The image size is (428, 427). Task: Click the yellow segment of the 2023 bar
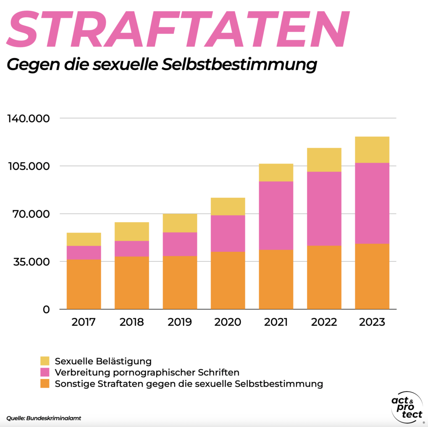point(372,149)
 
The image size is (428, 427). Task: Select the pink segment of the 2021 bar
point(276,215)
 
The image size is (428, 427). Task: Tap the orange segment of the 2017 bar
point(84,284)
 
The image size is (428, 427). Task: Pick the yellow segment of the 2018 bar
point(132,231)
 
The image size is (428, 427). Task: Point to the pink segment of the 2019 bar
point(180,244)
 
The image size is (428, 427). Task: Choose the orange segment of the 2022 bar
point(324,277)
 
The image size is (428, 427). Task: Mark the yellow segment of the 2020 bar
point(228,206)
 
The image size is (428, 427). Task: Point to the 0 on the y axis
point(46,309)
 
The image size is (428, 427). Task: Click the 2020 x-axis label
point(228,322)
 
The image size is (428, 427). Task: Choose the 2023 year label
point(372,322)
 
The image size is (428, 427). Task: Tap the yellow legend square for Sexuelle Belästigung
point(45,361)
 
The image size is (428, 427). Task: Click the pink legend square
point(45,372)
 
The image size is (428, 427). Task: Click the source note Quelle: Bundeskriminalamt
point(43,418)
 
